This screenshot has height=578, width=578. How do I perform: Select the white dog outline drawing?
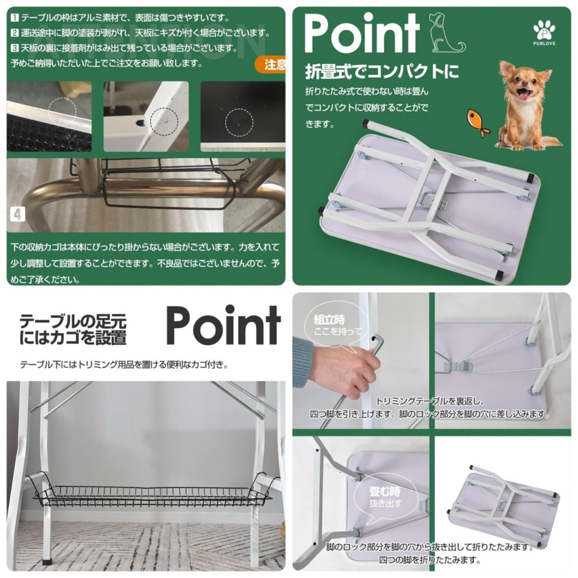[x=445, y=32]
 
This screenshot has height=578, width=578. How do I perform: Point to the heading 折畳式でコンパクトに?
[x=382, y=71]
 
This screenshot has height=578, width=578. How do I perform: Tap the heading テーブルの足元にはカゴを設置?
[x=73, y=329]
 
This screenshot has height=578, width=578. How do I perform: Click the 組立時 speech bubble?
[x=330, y=324]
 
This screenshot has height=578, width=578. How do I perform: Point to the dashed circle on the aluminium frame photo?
[x=62, y=111]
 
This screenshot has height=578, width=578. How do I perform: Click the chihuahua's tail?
[x=551, y=142]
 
